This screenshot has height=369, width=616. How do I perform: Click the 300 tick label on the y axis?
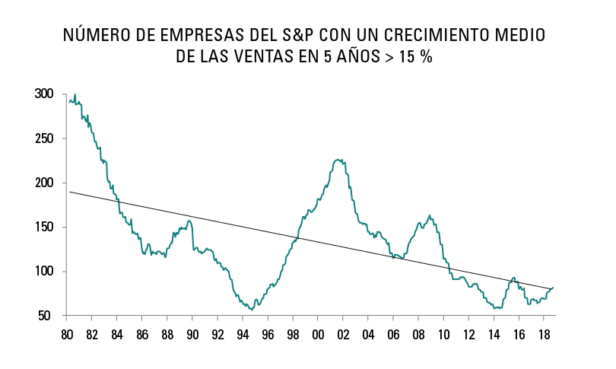pos(44,94)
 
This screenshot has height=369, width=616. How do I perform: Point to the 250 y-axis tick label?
pos(44,138)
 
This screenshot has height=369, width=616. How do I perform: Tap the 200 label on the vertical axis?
pos(44,183)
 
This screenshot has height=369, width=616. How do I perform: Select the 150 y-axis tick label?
pos(44,227)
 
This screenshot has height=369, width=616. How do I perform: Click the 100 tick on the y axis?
pos(44,272)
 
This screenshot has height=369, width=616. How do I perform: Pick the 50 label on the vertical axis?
pos(47,316)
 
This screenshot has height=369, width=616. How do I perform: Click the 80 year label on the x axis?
pos(66,335)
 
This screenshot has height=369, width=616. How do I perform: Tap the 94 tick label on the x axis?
pos(243,335)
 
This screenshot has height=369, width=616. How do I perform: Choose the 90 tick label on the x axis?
pos(192,335)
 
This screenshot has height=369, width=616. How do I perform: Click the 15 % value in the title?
pos(413,57)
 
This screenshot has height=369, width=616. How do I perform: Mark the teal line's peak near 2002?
pos(338,159)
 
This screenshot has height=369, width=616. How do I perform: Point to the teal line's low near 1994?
pos(251,310)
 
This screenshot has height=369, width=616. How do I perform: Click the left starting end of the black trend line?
pos(69,192)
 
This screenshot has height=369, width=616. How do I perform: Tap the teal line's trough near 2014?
pos(495,308)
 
